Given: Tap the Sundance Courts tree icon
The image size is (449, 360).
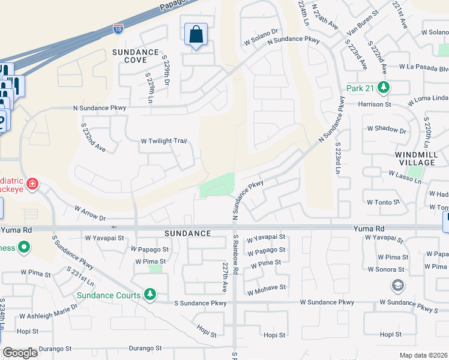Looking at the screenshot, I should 150,295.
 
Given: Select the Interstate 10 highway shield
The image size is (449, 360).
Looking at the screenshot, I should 118,28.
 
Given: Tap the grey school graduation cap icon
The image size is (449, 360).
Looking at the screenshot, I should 397,286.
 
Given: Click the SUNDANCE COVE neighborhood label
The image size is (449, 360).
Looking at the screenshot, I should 136,56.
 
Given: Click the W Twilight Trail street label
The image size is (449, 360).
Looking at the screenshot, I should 164,141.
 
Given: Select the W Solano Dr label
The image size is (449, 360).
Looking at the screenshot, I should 262,37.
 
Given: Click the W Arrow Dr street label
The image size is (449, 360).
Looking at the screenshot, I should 90,214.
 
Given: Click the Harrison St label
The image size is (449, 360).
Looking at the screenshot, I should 375,104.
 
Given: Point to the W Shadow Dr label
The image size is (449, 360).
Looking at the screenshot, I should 387,130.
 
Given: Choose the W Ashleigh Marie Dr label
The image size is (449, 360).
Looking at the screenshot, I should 49,311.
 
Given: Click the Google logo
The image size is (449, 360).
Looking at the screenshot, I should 20,352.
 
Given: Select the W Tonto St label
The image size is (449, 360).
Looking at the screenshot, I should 383,203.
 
